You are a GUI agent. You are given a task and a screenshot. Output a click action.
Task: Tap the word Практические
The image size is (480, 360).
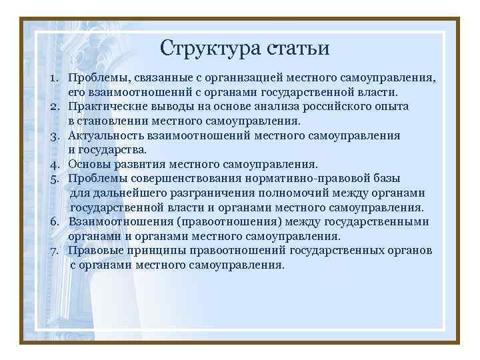(x=110, y=107)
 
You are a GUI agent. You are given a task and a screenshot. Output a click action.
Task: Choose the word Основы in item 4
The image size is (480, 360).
(x=90, y=164)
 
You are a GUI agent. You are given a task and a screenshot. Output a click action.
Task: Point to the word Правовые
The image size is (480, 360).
(x=95, y=251)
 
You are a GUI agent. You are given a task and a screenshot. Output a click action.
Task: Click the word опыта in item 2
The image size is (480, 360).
(x=391, y=107)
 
